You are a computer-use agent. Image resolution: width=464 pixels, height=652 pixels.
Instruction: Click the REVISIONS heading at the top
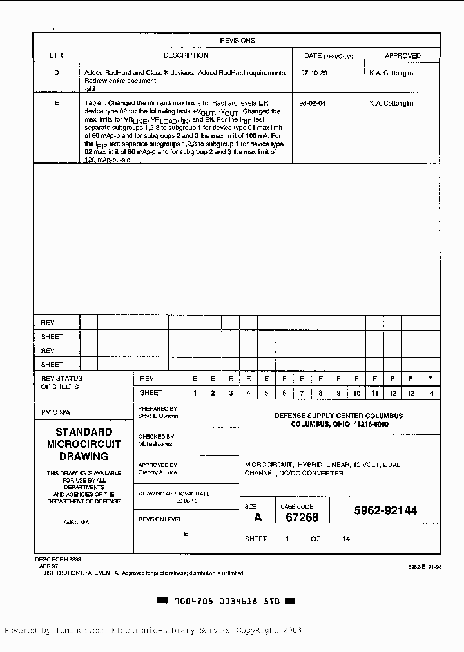[237, 41]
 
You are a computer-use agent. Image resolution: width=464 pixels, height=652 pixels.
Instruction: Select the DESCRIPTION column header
[186, 56]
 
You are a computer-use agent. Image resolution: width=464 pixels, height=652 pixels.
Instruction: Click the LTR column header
[56, 56]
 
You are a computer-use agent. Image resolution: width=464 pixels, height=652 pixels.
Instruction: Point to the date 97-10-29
[314, 73]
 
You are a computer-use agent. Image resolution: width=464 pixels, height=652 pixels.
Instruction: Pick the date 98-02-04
[313, 103]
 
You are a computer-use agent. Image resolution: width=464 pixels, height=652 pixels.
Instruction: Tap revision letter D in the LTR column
[56, 73]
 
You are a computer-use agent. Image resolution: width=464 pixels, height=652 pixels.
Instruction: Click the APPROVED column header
[403, 56]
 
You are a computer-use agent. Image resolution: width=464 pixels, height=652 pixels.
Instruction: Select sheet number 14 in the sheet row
[430, 393]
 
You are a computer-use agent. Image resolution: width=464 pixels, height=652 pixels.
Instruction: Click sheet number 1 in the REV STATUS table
[195, 393]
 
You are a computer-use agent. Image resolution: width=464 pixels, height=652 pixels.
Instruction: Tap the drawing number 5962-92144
[385, 511]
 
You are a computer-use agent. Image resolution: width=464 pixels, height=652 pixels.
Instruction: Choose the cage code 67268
[302, 517]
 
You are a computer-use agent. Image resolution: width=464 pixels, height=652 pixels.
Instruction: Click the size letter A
[258, 517]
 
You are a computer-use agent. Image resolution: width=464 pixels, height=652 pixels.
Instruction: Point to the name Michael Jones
[155, 445]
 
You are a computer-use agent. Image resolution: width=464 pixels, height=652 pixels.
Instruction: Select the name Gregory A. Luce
[158, 472]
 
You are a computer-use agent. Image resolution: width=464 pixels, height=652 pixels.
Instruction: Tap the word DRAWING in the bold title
[83, 456]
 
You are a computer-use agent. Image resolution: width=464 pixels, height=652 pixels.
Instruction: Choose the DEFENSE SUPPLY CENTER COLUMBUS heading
[338, 416]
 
